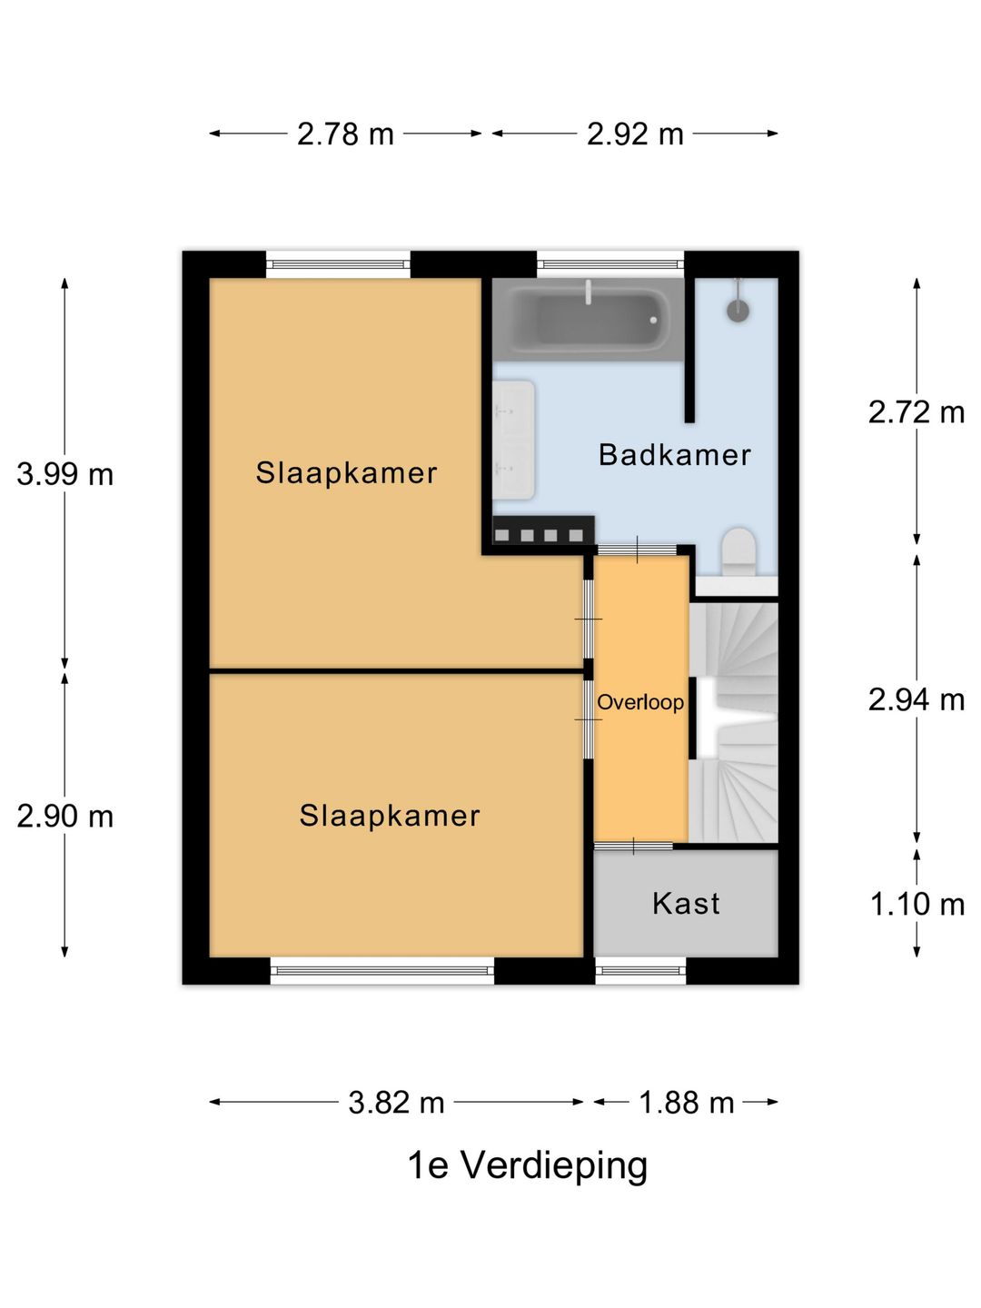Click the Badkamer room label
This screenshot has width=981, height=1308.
click(674, 455)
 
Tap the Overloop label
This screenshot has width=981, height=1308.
click(640, 702)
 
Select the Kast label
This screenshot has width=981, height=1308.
click(686, 904)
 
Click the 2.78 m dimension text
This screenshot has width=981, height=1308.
click(345, 134)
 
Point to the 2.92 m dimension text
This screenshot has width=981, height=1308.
click(635, 134)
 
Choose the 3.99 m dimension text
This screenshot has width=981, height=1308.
click(64, 475)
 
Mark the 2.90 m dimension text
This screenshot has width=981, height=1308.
click(64, 817)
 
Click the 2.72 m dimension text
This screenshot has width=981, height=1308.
click(917, 412)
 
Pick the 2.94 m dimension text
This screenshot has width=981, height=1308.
click(917, 699)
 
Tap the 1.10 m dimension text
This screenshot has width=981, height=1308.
click(917, 905)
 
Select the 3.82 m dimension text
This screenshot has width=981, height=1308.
click(396, 1103)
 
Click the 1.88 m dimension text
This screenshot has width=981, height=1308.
click(686, 1103)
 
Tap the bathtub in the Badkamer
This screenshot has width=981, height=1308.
click(588, 320)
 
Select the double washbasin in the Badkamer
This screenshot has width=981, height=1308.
click(513, 440)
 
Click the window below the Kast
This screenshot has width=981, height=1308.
click(640, 971)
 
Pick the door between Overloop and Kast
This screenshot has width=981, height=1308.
click(633, 846)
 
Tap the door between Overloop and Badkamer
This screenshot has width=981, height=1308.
click(638, 550)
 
